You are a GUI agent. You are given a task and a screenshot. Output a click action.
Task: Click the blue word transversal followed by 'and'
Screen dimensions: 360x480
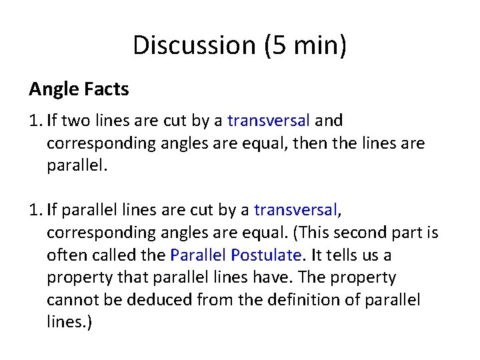coord(269,121)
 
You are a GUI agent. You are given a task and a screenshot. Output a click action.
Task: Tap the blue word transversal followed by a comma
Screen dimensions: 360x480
coord(295,210)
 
